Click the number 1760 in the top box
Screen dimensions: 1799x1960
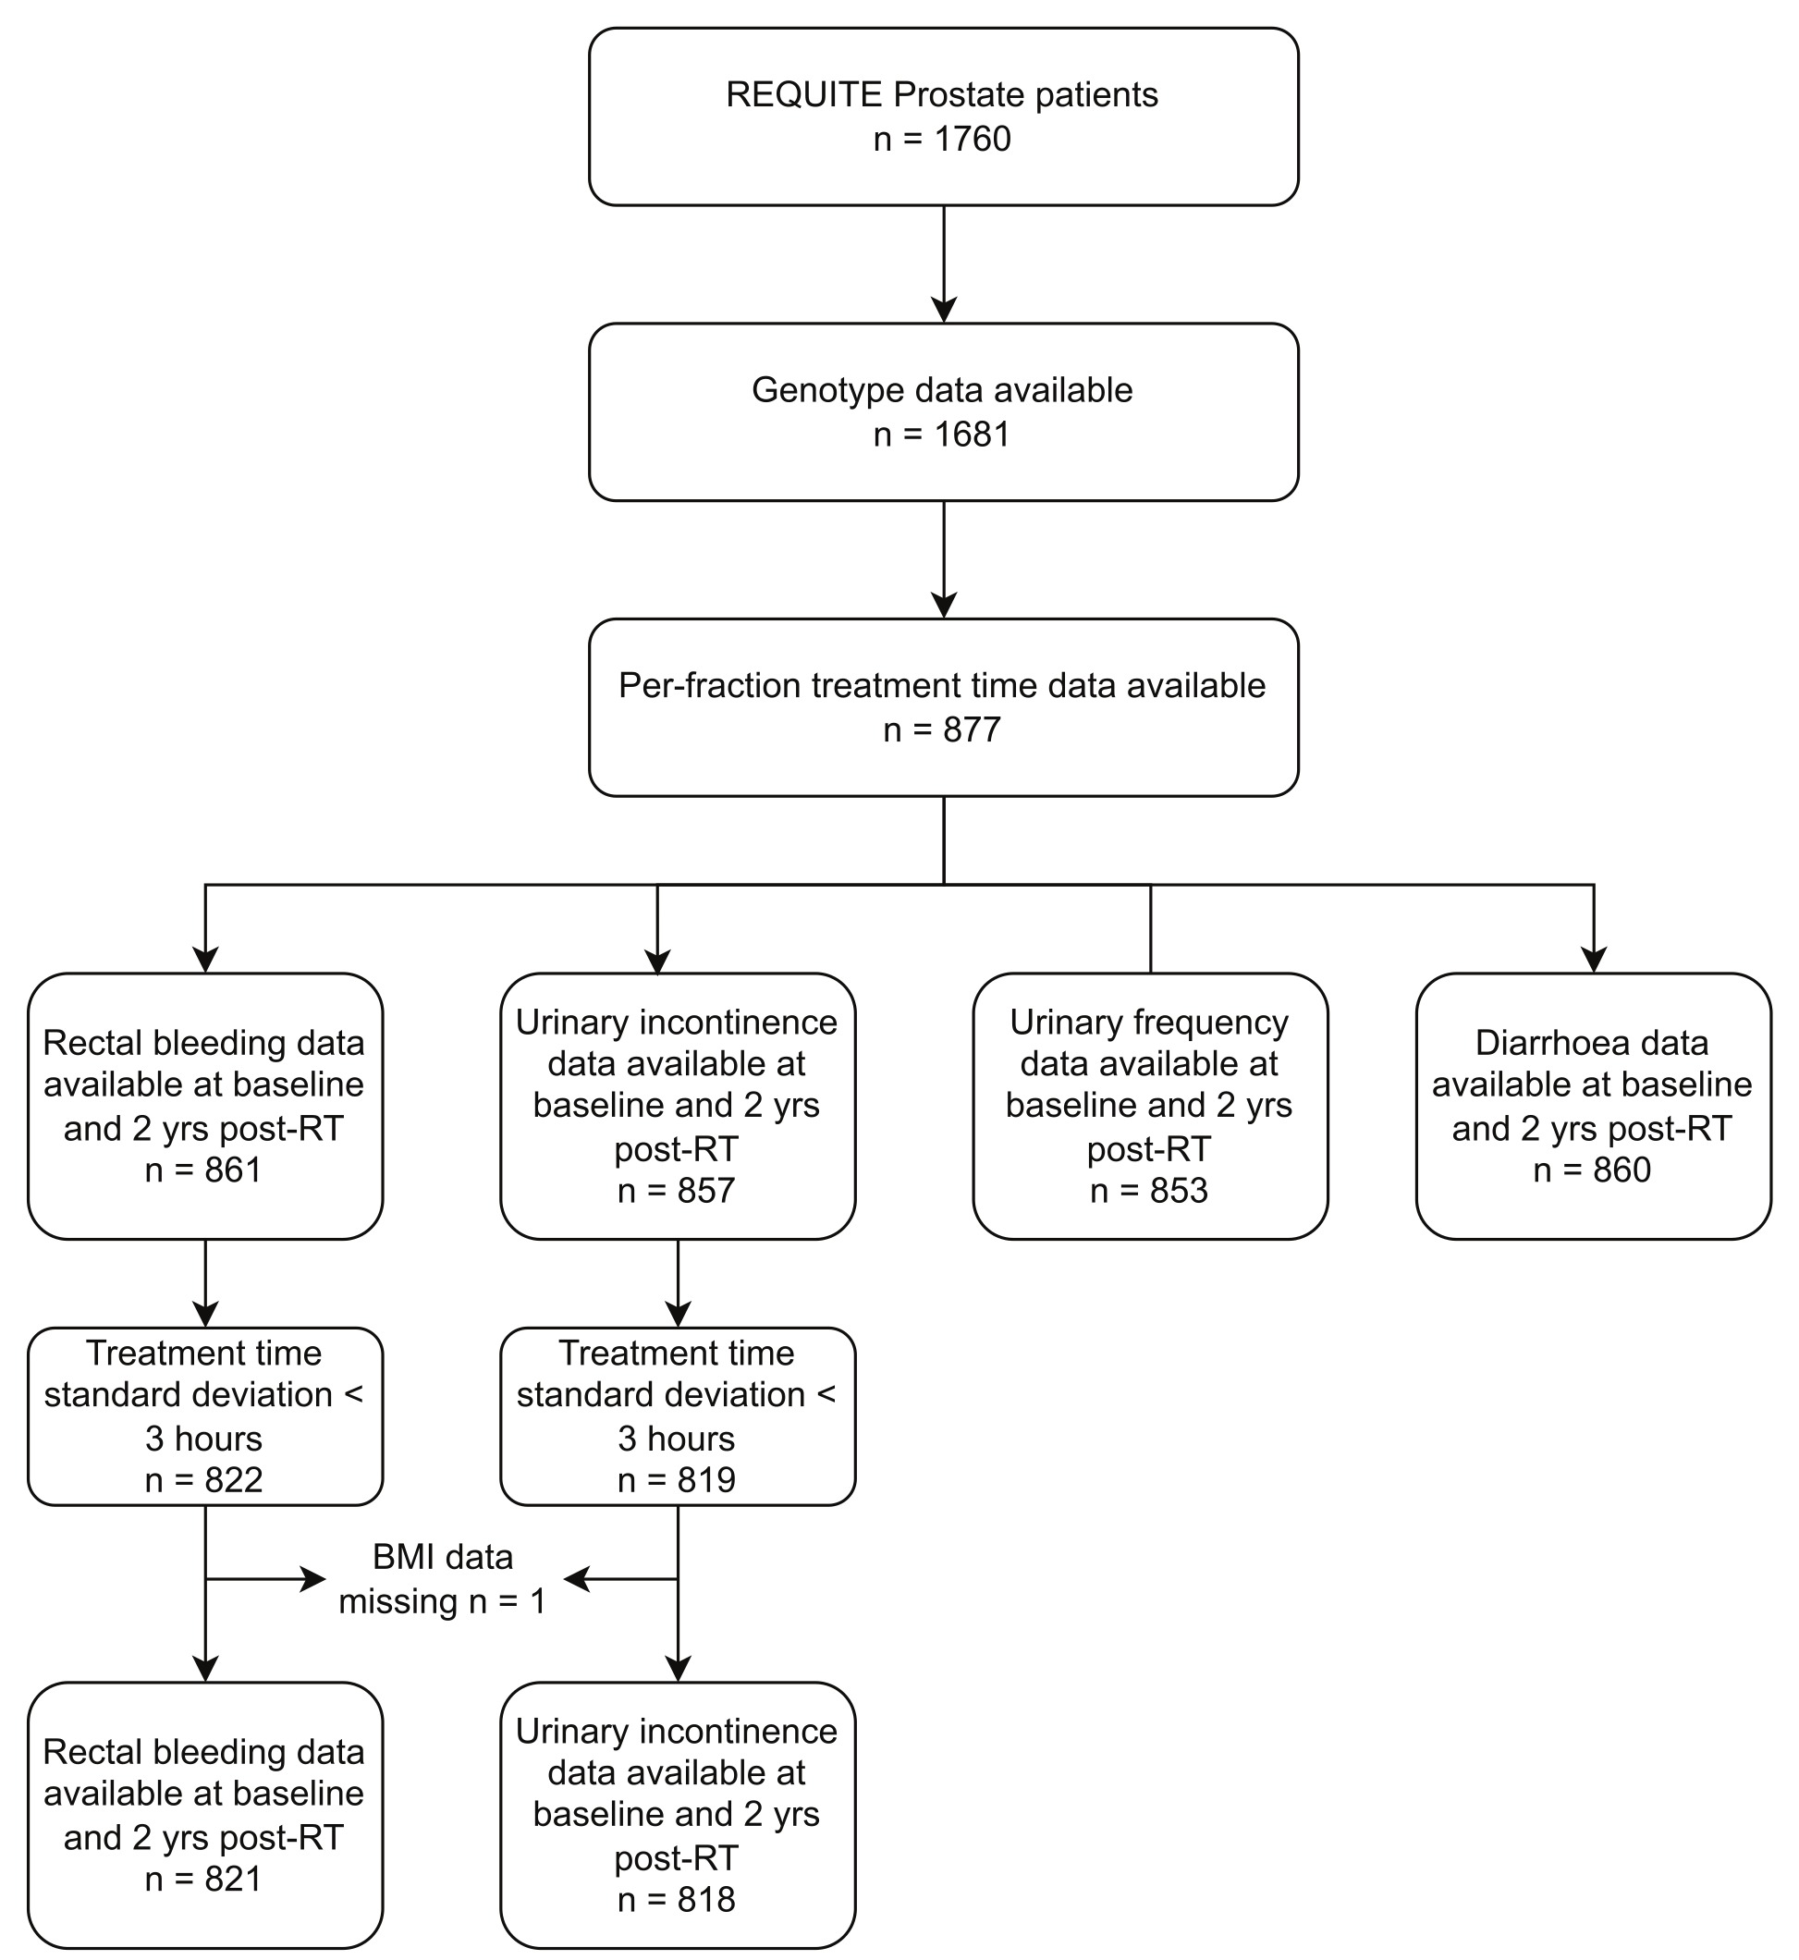973,140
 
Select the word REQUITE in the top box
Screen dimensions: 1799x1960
804,94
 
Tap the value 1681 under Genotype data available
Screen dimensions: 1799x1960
972,435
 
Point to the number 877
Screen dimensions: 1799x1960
972,729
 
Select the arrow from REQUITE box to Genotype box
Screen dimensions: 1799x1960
943,263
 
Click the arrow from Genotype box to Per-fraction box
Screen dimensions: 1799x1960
943,560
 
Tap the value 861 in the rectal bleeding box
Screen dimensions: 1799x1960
233,1170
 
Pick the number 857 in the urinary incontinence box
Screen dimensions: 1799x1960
705,1191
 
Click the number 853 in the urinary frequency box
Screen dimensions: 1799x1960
1178,1191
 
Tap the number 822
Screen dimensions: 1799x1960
233,1480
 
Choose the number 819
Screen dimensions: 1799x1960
705,1480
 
